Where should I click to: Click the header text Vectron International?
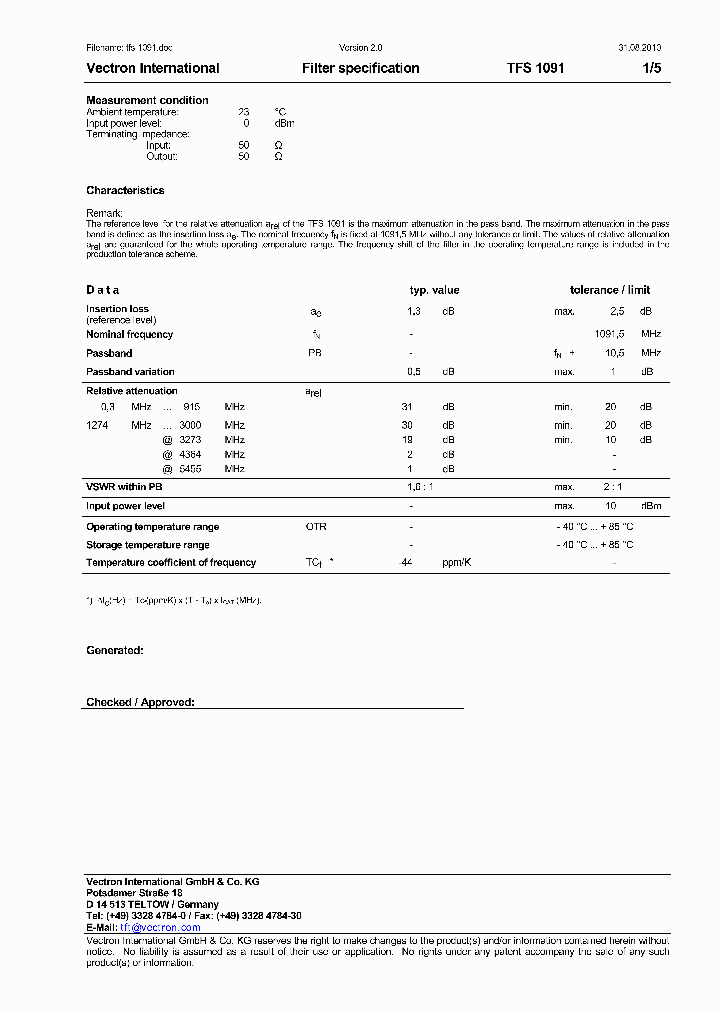(x=153, y=68)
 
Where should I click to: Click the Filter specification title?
(x=360, y=68)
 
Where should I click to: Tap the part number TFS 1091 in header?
(x=535, y=68)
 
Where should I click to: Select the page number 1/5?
(x=651, y=68)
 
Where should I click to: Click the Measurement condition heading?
(x=147, y=100)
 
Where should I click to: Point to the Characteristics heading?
(x=125, y=190)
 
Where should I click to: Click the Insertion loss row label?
(x=117, y=309)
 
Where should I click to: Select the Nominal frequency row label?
(x=129, y=334)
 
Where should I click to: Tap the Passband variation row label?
(x=130, y=372)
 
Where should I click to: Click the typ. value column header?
(x=434, y=290)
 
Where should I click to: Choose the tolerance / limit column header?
(x=609, y=290)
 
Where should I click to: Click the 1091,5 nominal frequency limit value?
(x=608, y=334)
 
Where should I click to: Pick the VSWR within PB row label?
(x=124, y=487)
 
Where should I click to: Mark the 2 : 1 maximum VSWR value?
(x=612, y=487)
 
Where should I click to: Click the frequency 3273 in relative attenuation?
(x=190, y=439)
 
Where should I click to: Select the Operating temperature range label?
(x=152, y=527)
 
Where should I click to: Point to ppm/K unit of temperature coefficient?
(x=456, y=563)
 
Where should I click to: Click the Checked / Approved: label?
(x=140, y=702)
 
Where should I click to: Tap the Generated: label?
(x=114, y=650)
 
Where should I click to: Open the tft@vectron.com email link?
(x=160, y=928)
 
